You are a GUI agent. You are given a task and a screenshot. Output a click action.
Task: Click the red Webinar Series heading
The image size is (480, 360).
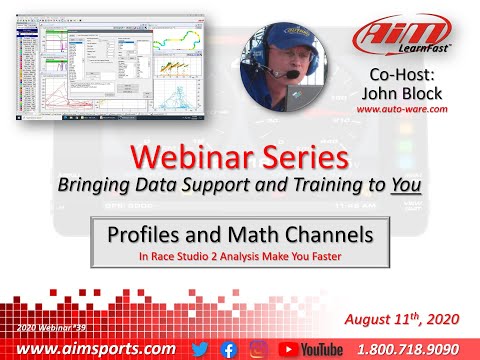click(x=239, y=158)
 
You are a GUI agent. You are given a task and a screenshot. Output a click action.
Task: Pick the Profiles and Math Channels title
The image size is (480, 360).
click(x=239, y=236)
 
